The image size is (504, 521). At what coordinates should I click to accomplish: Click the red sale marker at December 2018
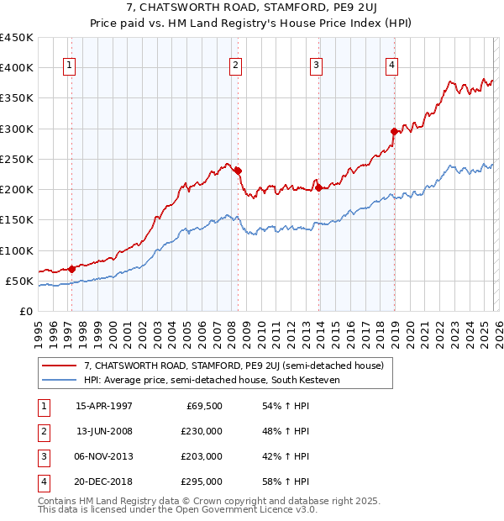[394, 131]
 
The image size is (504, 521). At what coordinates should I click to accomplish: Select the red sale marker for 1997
[71, 269]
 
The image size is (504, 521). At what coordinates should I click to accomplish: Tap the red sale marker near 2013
[318, 187]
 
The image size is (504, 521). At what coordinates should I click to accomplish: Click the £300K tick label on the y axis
[17, 129]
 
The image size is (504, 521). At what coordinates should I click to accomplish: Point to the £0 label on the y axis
[25, 311]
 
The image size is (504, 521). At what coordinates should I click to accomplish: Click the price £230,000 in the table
[202, 431]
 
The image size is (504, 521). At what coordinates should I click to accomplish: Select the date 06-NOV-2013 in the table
[104, 456]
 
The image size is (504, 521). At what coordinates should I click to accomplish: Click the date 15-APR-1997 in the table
[104, 406]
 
